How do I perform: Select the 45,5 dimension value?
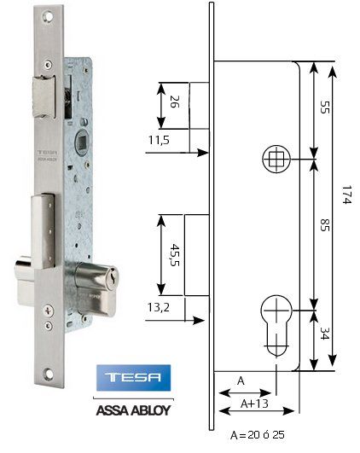click(x=173, y=253)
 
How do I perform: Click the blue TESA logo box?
click(x=136, y=377)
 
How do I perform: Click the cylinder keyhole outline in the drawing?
click(x=275, y=322)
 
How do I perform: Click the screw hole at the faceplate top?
click(x=46, y=17)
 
